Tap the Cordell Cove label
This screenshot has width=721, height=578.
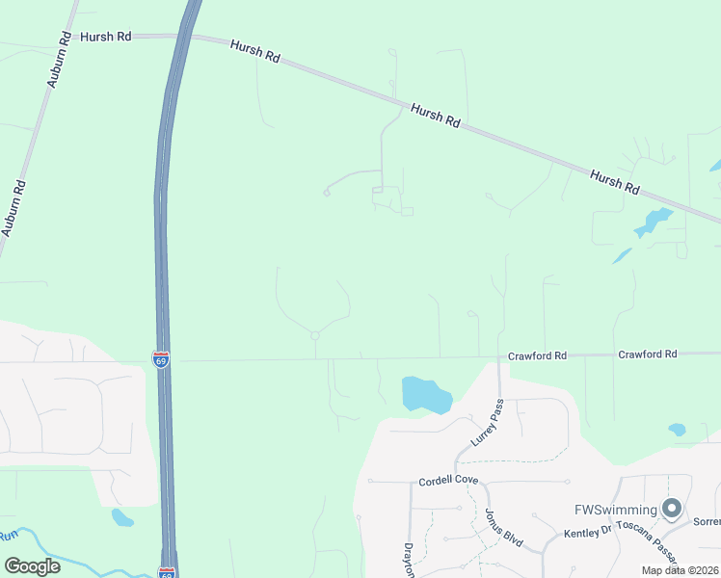448,481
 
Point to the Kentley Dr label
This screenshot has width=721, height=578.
588,531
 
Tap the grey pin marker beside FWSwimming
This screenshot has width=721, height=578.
672,508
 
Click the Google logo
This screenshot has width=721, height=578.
32,565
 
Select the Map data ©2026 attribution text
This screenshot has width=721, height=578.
680,570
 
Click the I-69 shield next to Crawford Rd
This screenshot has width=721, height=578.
161,359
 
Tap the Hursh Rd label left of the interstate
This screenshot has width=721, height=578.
105,36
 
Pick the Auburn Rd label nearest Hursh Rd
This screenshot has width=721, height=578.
57,60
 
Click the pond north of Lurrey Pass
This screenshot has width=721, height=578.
425,394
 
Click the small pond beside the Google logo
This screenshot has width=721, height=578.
122,518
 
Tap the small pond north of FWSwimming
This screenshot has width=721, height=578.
677,430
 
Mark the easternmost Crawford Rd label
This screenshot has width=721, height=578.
648,355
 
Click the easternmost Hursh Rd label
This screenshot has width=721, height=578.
615,181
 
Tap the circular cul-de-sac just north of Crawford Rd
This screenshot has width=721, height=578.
315,335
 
